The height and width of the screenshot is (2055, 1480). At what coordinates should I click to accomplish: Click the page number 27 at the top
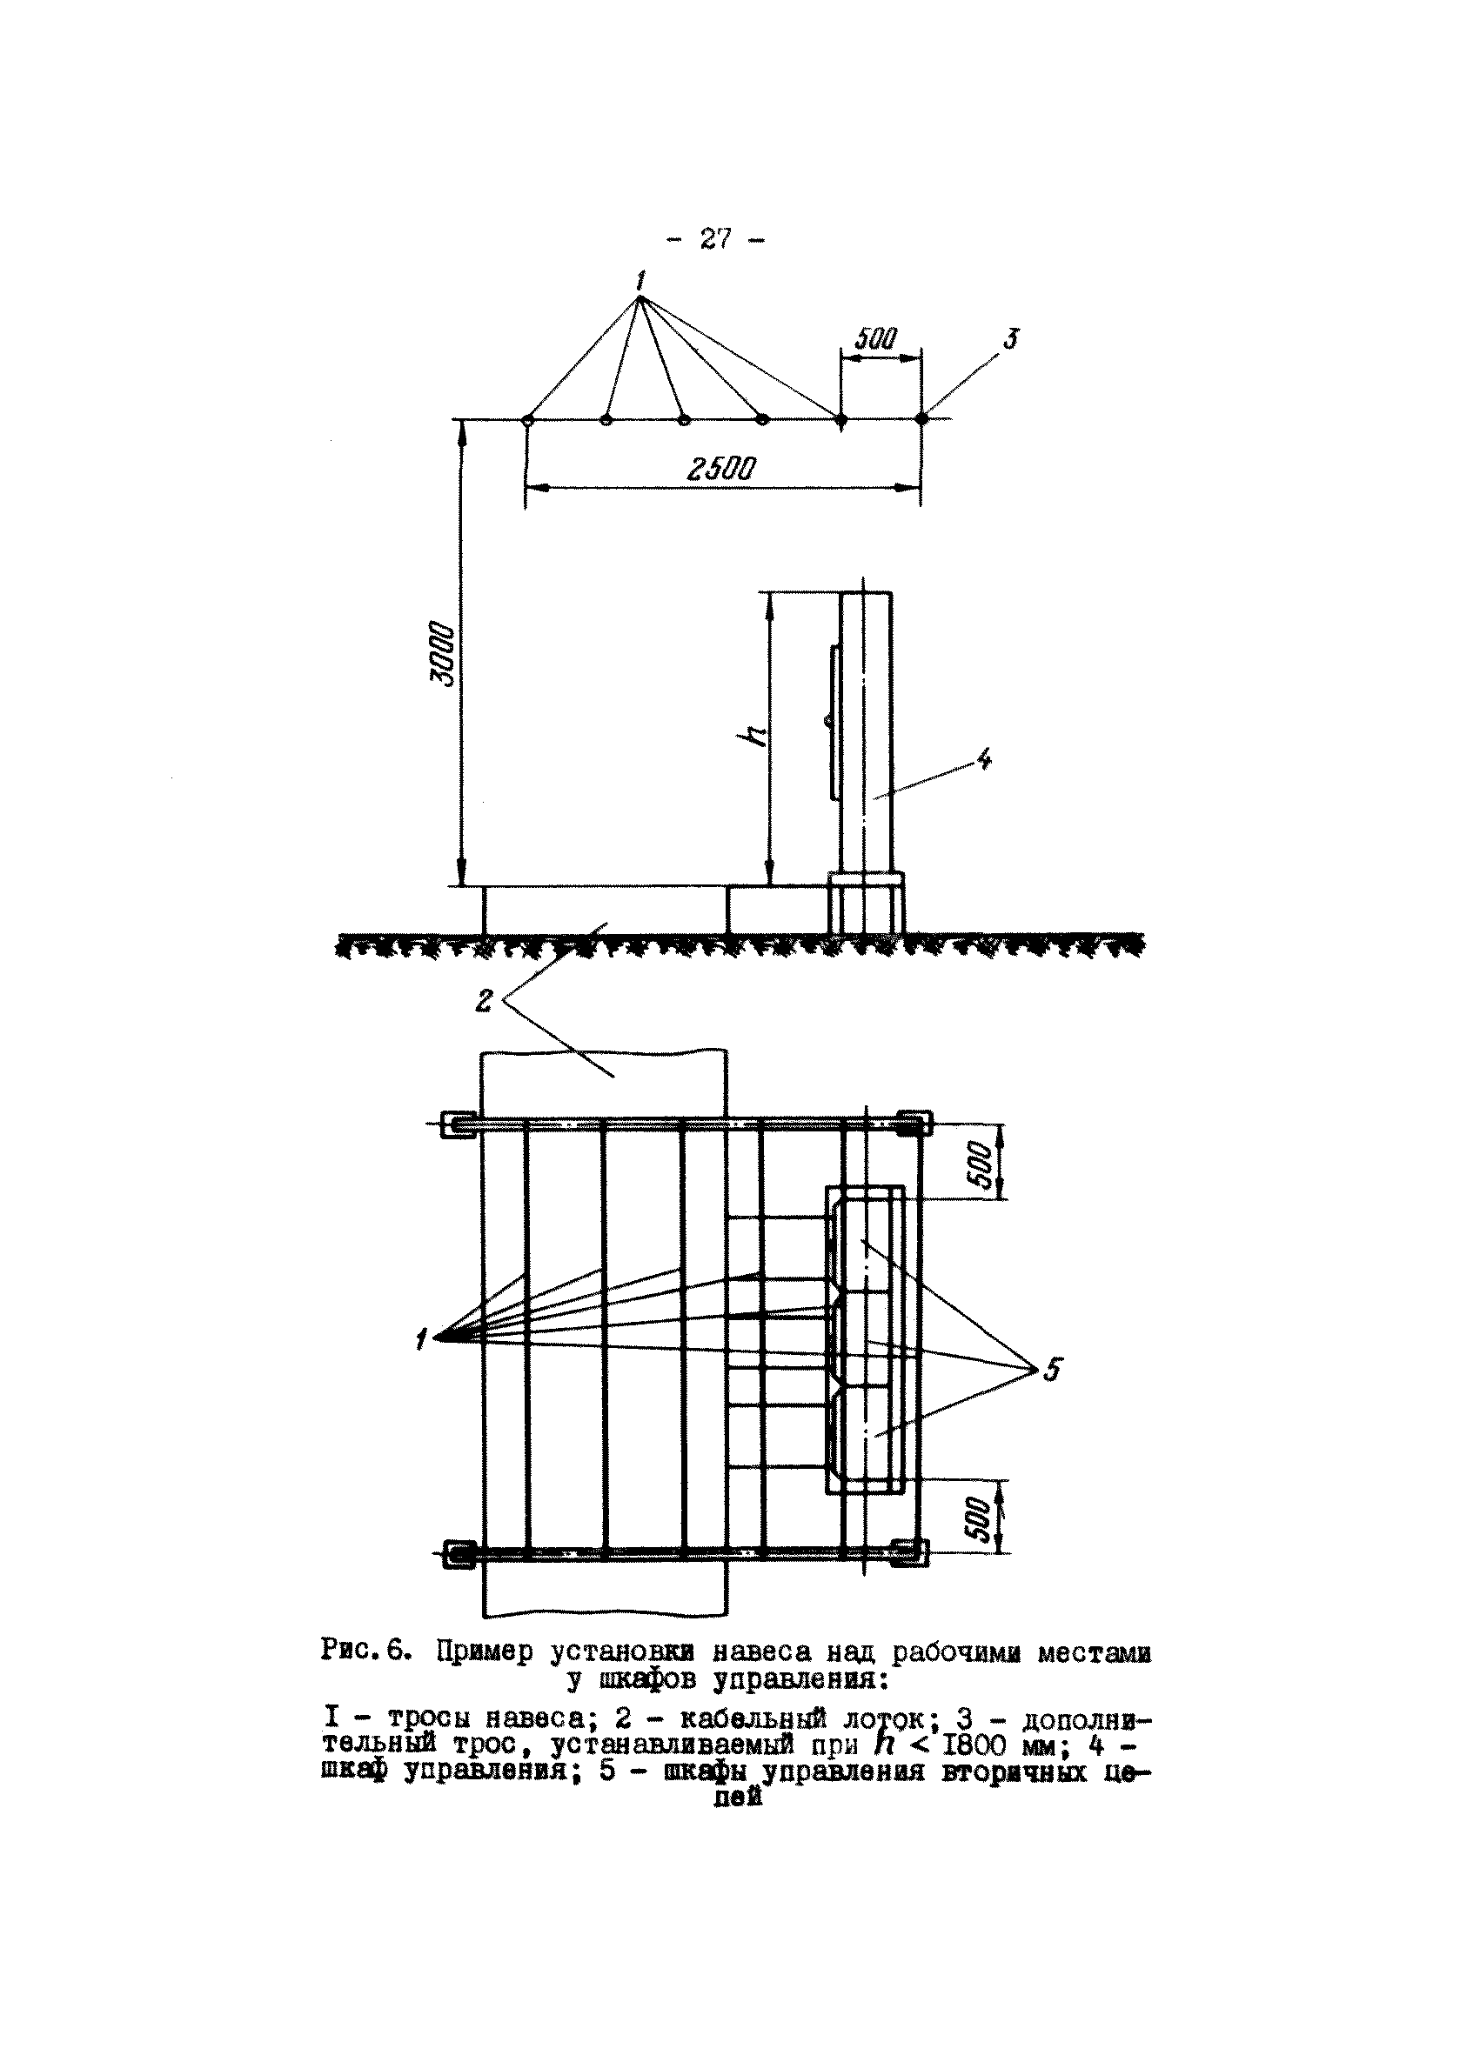714,239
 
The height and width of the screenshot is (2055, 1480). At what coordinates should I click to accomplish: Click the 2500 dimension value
721,469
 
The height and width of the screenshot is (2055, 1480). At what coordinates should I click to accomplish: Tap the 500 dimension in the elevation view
876,339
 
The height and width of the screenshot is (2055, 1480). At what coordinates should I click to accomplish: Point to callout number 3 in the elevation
1010,339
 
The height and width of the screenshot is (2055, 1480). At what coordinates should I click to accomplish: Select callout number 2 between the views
485,1000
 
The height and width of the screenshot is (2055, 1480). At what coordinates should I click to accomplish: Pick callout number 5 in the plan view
1050,1370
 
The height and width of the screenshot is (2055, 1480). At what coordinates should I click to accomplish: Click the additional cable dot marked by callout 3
921,418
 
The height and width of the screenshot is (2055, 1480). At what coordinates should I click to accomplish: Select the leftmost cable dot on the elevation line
527,419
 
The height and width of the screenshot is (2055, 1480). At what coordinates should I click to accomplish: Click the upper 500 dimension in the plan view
981,1162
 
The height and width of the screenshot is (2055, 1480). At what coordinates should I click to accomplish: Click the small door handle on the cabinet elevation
827,720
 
